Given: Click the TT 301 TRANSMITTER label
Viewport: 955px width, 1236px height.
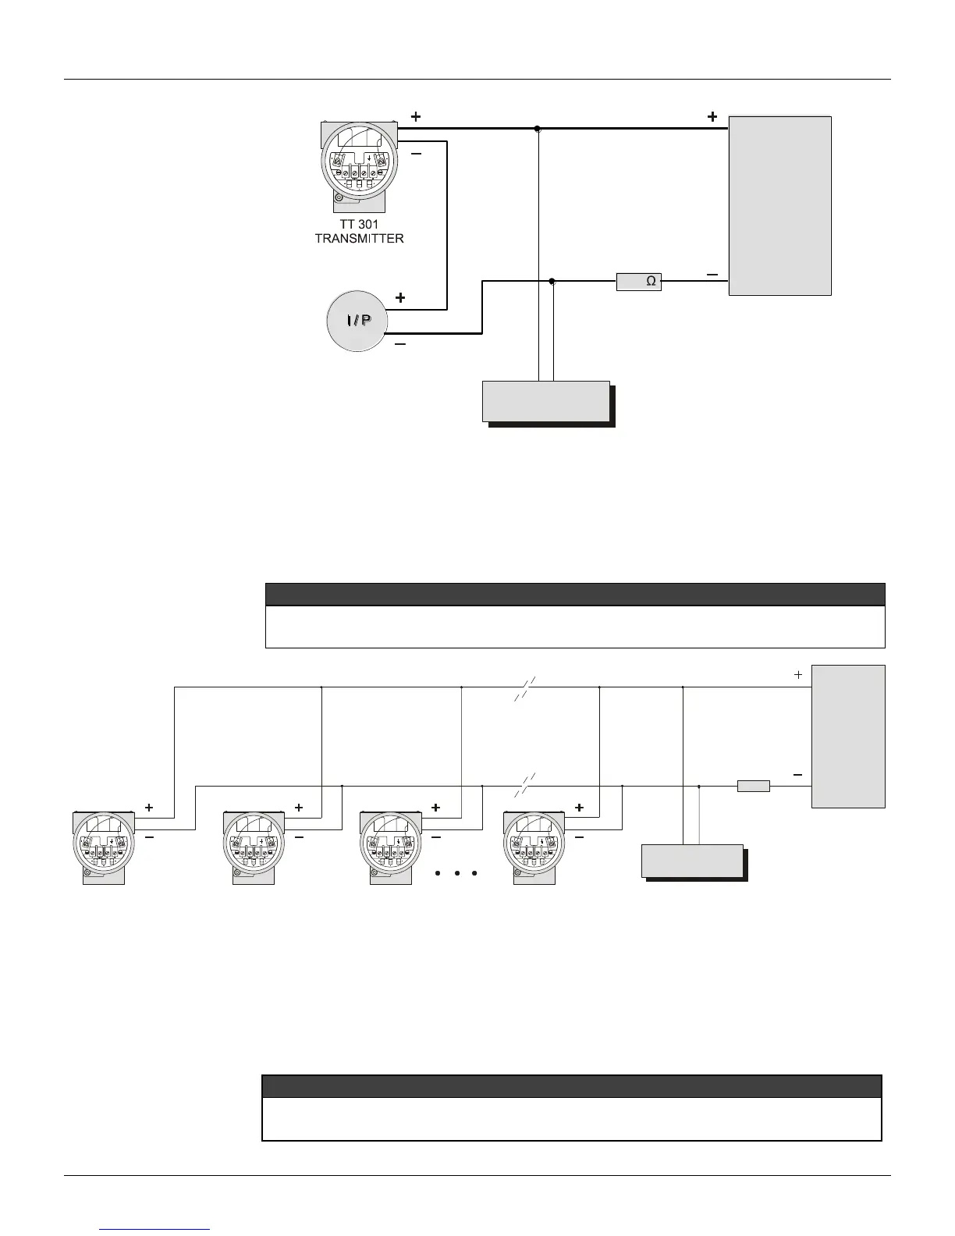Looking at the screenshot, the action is (x=359, y=231).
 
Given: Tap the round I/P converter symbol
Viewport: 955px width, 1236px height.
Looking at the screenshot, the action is (x=357, y=321).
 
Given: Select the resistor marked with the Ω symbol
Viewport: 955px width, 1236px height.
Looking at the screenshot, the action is (x=639, y=281).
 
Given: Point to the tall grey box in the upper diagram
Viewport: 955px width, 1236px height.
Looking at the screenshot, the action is (x=779, y=206).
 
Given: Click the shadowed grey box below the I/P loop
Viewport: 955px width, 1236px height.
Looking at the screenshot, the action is (x=546, y=401).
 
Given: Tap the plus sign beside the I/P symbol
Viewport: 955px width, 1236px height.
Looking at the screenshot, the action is (x=400, y=298).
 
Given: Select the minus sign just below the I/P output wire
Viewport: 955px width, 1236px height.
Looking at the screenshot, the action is (x=400, y=345).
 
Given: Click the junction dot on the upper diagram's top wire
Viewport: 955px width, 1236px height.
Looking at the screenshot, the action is (x=538, y=129).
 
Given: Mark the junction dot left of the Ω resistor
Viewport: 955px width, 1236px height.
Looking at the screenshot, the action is (x=552, y=281).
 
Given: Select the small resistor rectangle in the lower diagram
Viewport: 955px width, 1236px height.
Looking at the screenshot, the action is (x=753, y=786).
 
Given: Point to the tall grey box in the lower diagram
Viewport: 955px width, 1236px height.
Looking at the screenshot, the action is (x=848, y=736).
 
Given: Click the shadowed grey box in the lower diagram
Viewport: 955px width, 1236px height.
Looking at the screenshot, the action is (x=692, y=861).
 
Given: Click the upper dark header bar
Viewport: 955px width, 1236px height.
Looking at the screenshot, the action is (x=575, y=594).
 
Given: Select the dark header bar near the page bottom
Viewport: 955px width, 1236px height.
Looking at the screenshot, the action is (x=571, y=1086).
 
